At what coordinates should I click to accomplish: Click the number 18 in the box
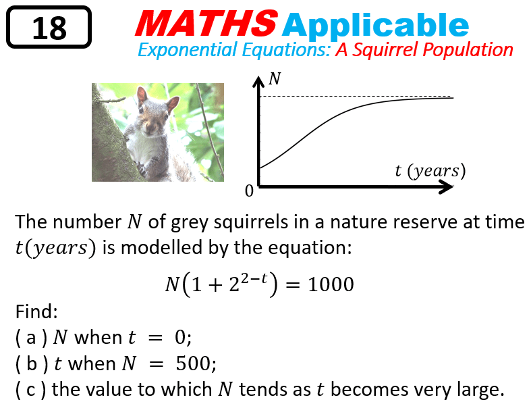coord(49,28)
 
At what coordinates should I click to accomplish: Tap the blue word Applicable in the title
coord(376,26)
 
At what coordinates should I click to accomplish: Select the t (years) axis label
coord(430,171)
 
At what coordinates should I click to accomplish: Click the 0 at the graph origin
coord(249,191)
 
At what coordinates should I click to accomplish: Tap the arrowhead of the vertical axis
coord(258,82)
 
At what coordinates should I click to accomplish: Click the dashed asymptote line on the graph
coord(351,96)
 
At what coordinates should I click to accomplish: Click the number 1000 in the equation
coord(331,284)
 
